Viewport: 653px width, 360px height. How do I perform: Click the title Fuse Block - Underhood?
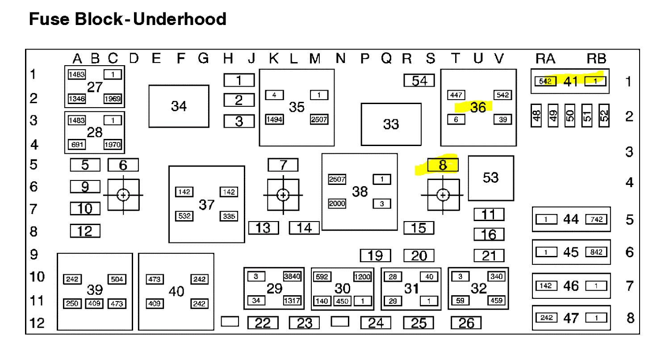tap(128, 19)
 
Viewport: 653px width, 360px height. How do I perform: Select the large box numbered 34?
tap(179, 106)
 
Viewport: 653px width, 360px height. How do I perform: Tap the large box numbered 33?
tap(391, 124)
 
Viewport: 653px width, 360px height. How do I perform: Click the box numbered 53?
tap(490, 178)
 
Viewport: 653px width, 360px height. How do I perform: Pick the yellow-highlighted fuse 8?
tap(443, 165)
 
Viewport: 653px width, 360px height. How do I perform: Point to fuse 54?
tap(419, 80)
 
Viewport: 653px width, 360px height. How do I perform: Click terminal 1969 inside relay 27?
tap(113, 99)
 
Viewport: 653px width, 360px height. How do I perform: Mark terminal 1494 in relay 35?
tap(274, 119)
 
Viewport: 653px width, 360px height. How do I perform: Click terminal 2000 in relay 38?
tap(337, 204)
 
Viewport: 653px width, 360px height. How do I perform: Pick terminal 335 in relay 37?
tap(228, 216)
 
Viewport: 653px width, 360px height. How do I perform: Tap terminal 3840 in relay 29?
tap(292, 276)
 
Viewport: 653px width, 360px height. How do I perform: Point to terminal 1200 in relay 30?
tap(362, 276)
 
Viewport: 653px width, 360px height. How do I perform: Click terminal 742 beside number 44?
tap(597, 219)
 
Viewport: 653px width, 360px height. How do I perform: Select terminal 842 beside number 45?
tap(597, 252)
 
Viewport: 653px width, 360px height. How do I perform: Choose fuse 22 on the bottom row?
tap(263, 322)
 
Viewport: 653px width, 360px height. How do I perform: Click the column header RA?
tap(545, 59)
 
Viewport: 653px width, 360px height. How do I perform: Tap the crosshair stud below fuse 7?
tap(283, 195)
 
